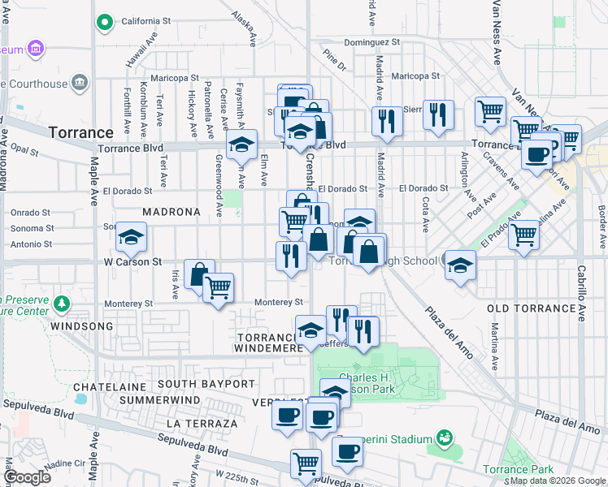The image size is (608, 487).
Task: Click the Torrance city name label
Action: coord(80,132)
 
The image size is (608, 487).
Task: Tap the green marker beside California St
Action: coord(104,22)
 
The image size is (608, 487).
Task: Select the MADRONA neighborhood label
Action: coord(171,212)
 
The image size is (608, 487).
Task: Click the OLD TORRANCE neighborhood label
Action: coord(531,309)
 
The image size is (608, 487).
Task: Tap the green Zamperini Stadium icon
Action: coord(444,439)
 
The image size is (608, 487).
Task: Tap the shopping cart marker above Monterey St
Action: coord(218,287)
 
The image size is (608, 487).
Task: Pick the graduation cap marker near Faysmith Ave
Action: coord(241,144)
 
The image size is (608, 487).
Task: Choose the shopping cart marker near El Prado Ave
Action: coord(524,235)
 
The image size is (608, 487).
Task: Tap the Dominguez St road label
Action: coord(372,41)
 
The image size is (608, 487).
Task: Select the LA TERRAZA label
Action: coord(202,424)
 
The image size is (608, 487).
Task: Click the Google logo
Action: coord(27,476)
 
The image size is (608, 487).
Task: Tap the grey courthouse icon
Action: coord(80,82)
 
